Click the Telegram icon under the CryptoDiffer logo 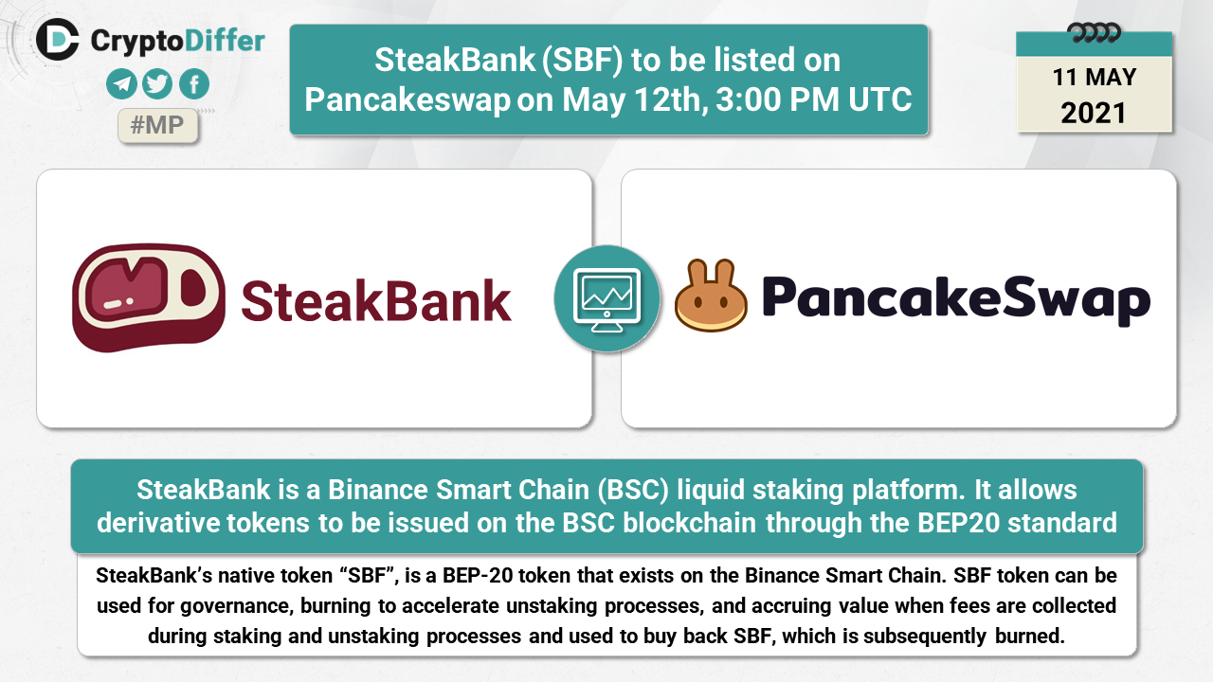[x=121, y=84]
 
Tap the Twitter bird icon [x=157, y=84]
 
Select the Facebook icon [x=194, y=84]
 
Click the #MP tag [x=157, y=126]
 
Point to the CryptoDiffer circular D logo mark [x=58, y=39]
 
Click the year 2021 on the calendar [x=1094, y=113]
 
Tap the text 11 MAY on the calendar [x=1095, y=77]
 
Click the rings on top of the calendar [x=1094, y=33]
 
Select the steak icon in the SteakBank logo [x=149, y=297]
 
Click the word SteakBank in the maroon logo [x=376, y=301]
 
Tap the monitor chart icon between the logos [x=607, y=298]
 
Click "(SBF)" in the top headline [x=583, y=60]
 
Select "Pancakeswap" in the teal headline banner [x=407, y=100]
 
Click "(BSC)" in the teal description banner [x=633, y=490]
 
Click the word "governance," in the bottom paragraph [x=237, y=606]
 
